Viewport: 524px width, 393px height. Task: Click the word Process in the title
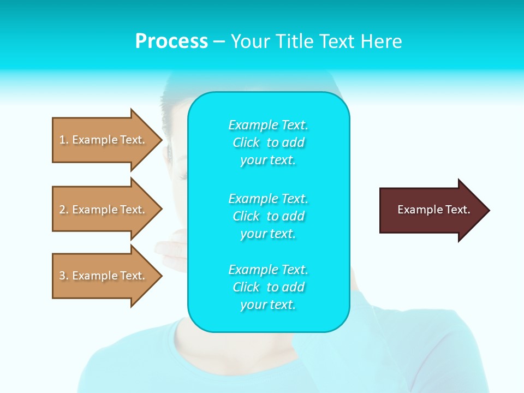point(171,41)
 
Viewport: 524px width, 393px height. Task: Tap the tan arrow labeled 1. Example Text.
point(104,140)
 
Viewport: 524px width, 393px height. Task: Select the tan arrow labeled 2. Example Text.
point(104,210)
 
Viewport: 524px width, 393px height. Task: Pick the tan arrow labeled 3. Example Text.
point(104,276)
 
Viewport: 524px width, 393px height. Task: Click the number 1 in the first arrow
point(62,140)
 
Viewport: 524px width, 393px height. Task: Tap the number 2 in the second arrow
point(62,210)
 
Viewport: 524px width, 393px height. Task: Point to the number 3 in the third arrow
point(62,276)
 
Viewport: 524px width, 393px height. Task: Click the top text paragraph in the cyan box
point(268,142)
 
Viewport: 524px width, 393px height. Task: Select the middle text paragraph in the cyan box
point(268,216)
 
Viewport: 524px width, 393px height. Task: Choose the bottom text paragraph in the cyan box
point(268,287)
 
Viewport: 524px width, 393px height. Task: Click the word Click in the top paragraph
point(246,142)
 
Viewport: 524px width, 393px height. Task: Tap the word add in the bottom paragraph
point(294,287)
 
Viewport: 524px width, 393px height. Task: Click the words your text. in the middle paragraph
point(268,234)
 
